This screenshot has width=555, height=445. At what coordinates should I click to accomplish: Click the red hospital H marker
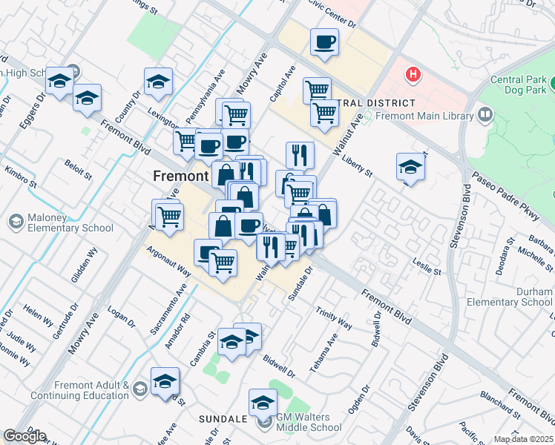point(411,75)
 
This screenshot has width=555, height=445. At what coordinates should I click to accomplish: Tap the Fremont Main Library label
point(424,116)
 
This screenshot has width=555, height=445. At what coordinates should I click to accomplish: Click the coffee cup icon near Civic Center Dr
point(324,42)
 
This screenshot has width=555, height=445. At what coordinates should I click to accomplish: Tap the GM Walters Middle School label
point(309,422)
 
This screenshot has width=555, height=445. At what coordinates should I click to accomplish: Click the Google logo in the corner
point(24,435)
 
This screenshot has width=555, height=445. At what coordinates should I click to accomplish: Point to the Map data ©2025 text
point(524,439)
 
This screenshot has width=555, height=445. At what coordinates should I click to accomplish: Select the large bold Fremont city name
point(180,177)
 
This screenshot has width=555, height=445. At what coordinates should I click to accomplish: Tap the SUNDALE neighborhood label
point(223,419)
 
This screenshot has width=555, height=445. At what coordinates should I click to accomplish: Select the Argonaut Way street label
point(168,262)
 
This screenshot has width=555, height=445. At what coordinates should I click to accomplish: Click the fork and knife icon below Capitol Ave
point(300,154)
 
